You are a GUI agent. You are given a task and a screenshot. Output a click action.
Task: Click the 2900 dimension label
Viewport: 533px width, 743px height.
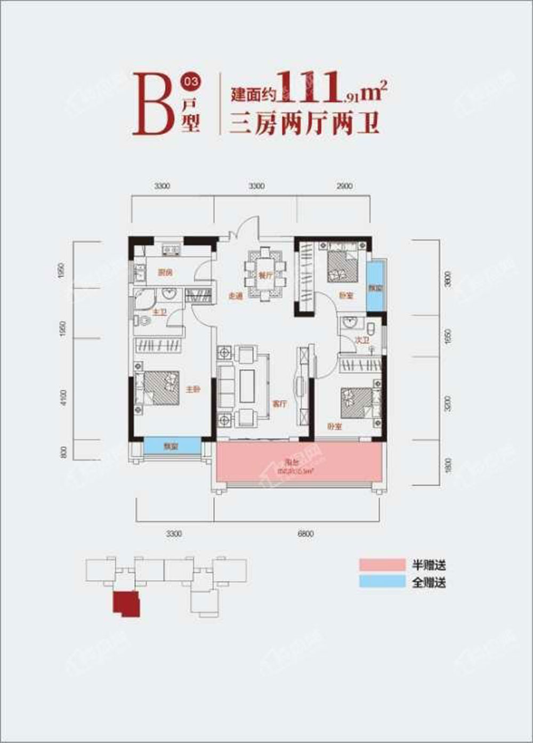coord(345,186)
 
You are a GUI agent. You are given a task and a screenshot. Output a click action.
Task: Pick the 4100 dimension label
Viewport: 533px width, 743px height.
coord(64,397)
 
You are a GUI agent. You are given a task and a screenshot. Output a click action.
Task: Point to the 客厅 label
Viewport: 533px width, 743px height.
coord(279,403)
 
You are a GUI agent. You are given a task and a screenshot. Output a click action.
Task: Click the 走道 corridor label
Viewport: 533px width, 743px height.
coord(235,296)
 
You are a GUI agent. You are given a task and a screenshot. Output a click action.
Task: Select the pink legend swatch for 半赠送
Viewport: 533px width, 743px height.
coord(382,564)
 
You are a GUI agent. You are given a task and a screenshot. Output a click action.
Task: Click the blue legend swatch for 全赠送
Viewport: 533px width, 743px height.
coord(382,582)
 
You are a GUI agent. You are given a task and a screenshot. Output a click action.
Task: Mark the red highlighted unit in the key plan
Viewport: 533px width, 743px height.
coord(126,603)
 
